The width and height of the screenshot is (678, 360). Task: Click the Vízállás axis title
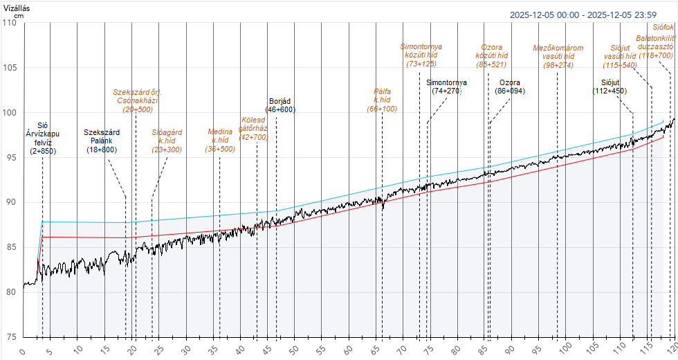[x=17, y=7]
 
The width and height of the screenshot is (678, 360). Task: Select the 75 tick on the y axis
[x=10, y=337]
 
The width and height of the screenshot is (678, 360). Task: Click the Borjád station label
[x=282, y=105]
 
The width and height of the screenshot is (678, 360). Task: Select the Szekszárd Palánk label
[x=102, y=141]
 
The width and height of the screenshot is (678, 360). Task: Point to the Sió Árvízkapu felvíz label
[x=43, y=138]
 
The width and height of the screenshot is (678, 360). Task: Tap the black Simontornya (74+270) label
[x=446, y=87]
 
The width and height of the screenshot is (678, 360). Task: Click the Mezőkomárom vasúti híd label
[x=558, y=57]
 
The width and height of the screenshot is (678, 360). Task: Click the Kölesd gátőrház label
[x=253, y=128]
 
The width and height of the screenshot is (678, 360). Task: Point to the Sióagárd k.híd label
[x=167, y=140]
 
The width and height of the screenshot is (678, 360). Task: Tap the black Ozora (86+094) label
[x=510, y=87]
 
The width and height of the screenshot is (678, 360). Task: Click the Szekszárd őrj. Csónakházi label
[x=138, y=100]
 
